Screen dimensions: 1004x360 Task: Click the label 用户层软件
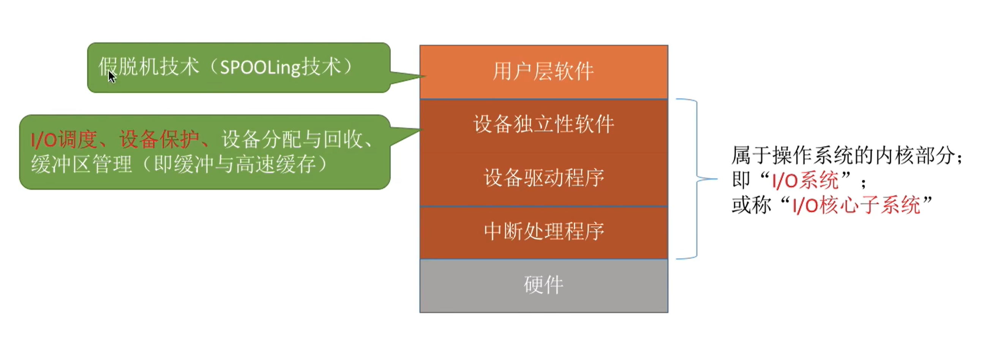(543, 71)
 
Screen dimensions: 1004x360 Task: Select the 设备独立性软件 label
(544, 124)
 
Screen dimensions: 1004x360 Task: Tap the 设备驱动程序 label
(544, 178)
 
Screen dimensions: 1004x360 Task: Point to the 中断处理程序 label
(544, 231)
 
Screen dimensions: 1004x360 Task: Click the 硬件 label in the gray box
(544, 285)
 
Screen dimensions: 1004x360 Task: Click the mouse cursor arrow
(112, 77)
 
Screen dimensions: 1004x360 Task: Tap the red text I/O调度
(64, 139)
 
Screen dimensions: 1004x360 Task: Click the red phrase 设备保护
(159, 139)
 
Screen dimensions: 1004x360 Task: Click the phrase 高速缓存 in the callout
(276, 164)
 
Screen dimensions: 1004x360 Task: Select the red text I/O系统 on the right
(805, 180)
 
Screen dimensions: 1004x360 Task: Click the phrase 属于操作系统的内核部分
(843, 156)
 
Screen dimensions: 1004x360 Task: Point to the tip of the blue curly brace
(717, 179)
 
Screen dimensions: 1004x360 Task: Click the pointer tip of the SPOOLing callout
(425, 76)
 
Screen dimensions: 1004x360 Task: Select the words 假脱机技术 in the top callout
(149, 67)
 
